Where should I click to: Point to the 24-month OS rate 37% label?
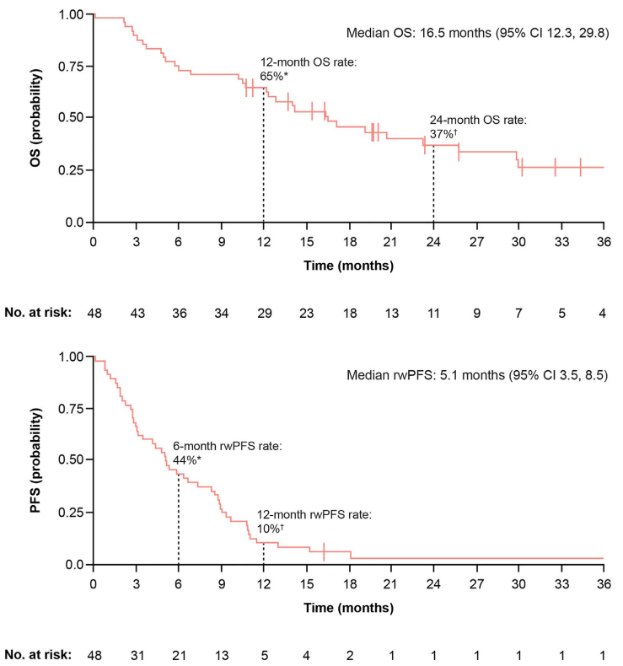[x=476, y=127]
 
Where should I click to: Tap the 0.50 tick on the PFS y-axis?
[x=72, y=460]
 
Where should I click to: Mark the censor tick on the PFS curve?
[x=324, y=551]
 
